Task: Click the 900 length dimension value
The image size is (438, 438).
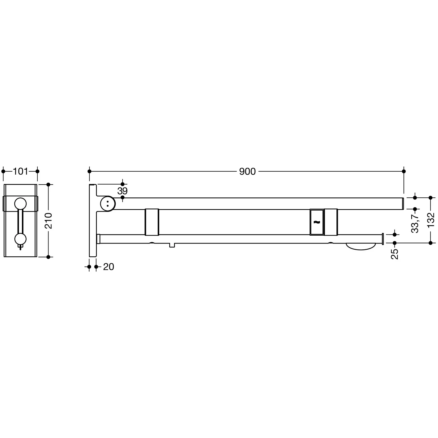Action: click(x=247, y=171)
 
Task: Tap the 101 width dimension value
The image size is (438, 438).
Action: click(x=20, y=171)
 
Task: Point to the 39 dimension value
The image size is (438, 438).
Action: click(x=122, y=191)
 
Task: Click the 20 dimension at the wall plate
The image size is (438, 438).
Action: click(x=109, y=267)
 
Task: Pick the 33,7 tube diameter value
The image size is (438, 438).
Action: click(x=415, y=223)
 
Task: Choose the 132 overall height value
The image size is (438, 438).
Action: click(x=430, y=220)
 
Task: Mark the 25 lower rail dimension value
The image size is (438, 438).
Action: click(x=394, y=254)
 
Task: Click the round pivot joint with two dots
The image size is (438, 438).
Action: click(x=107, y=204)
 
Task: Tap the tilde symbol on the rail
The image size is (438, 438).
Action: click(x=317, y=222)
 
